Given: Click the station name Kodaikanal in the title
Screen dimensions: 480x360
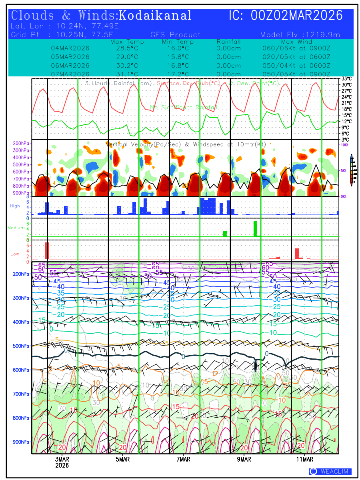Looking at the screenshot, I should point(155,16).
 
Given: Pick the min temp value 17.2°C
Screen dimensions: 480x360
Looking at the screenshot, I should point(178,74).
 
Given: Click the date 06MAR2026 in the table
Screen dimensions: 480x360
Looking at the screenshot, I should point(70,66).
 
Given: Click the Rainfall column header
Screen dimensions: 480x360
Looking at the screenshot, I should point(228,42).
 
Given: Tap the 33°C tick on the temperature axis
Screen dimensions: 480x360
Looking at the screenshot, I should point(346,79).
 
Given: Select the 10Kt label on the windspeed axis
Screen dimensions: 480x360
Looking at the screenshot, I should point(345,144).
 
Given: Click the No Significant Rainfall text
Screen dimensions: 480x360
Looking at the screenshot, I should point(184,107).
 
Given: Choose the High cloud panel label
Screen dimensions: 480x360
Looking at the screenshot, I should point(15,206).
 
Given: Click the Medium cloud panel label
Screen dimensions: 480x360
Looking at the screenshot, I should point(16,228).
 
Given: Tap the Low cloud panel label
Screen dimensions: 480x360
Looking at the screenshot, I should point(15,254).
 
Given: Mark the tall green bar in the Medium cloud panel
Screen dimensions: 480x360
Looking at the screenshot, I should point(255,228).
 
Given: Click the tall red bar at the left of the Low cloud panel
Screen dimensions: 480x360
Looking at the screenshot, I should point(47,251).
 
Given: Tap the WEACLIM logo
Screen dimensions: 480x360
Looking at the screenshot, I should point(330,472).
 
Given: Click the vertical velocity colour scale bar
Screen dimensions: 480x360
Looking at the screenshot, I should point(351,170).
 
